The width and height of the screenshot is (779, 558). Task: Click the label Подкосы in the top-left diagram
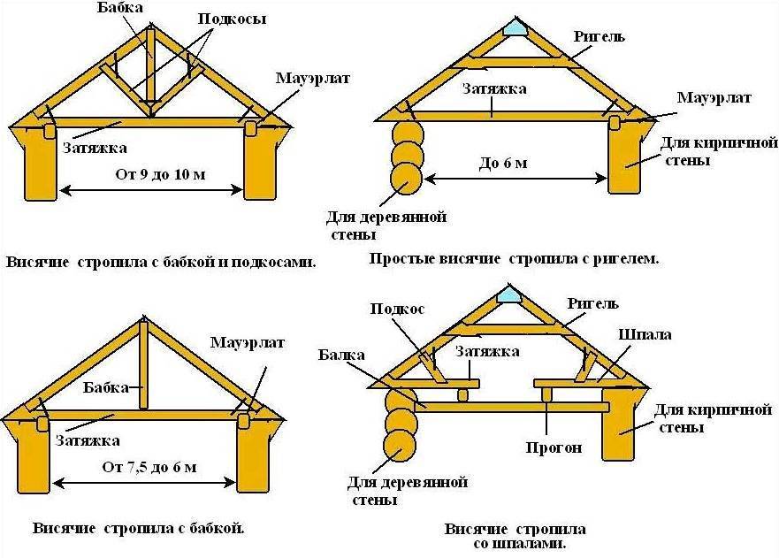(x=232, y=19)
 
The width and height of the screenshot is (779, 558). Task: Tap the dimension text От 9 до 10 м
(x=160, y=174)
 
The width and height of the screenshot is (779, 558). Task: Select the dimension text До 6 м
(x=503, y=163)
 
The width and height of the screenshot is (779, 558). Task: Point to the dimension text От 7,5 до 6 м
(x=149, y=467)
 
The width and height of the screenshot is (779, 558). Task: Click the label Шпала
(x=645, y=334)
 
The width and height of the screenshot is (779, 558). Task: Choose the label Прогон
(x=554, y=447)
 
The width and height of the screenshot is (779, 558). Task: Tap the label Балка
(x=341, y=355)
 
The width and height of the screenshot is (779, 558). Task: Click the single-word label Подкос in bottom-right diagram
(x=397, y=309)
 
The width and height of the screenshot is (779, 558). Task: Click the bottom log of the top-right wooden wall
(x=406, y=178)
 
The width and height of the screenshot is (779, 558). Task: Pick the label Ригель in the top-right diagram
(x=599, y=36)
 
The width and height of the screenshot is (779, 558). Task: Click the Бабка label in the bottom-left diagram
(x=106, y=387)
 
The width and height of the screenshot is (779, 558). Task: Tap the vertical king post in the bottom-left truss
(x=143, y=366)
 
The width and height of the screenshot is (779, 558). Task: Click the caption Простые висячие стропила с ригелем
(x=514, y=259)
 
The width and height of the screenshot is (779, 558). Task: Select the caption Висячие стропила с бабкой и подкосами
(x=161, y=263)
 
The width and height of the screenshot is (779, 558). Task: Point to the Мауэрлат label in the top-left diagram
(x=312, y=79)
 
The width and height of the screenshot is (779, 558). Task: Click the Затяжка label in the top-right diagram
(x=494, y=89)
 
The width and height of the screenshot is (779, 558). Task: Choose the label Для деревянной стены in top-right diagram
(x=386, y=225)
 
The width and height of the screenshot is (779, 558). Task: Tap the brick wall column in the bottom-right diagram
(x=618, y=424)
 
